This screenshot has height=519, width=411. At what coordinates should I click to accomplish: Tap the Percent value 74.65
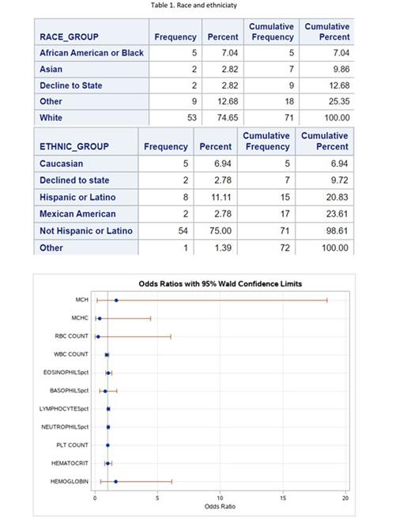(226, 118)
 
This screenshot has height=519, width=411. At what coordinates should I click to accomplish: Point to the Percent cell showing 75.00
(219, 231)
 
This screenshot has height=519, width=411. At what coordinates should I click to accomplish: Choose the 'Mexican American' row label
(77, 214)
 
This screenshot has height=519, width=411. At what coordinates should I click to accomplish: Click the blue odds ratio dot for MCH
(116, 301)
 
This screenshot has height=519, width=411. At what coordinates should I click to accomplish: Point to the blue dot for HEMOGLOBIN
(115, 482)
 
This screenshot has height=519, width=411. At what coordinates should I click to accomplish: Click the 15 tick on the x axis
(283, 498)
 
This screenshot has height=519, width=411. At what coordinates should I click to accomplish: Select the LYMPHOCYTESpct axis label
(66, 409)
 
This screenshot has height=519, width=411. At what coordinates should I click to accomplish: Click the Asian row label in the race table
(52, 69)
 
